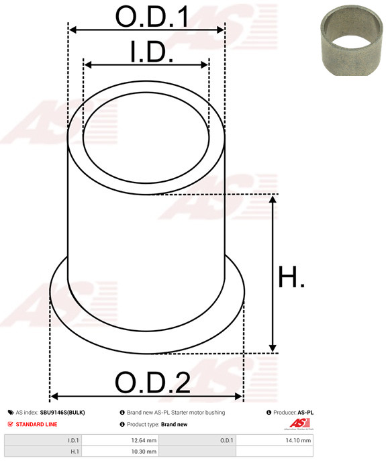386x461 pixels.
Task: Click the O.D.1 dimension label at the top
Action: pyautogui.click(x=152, y=17)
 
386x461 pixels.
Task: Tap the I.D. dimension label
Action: pyautogui.click(x=152, y=52)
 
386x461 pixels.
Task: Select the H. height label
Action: pyautogui.click(x=291, y=276)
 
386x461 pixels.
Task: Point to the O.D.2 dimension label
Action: pyautogui.click(x=152, y=382)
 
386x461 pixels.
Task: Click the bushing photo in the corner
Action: pyautogui.click(x=351, y=40)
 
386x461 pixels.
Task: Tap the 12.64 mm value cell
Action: pyautogui.click(x=120, y=440)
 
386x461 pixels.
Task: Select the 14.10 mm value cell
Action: pyautogui.click(x=274, y=440)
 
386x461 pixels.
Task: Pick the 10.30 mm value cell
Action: pyautogui.click(x=120, y=452)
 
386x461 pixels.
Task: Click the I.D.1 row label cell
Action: pyautogui.click(x=43, y=440)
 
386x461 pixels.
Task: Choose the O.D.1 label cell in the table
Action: pyautogui.click(x=197, y=440)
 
